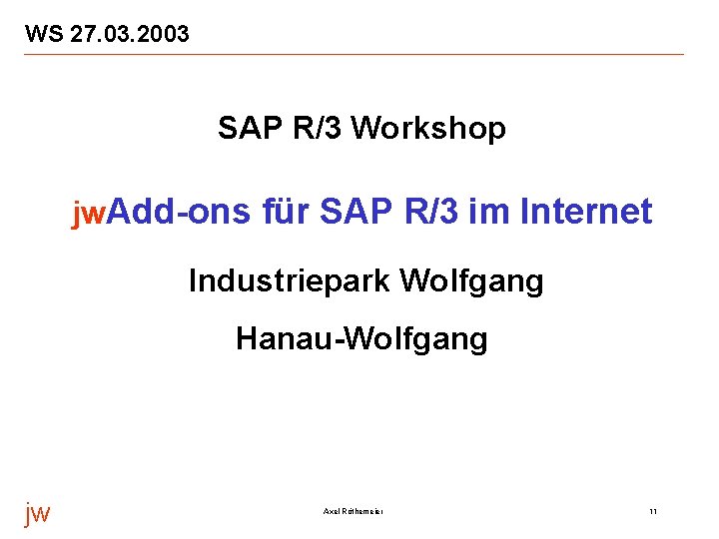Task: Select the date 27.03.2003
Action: click(x=128, y=35)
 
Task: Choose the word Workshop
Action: click(x=429, y=129)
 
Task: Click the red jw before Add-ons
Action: click(x=87, y=213)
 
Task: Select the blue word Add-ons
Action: click(x=179, y=212)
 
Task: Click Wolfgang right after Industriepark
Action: click(x=471, y=282)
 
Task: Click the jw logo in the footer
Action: click(x=37, y=513)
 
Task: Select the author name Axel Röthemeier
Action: click(x=354, y=512)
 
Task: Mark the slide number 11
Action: click(x=652, y=512)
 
